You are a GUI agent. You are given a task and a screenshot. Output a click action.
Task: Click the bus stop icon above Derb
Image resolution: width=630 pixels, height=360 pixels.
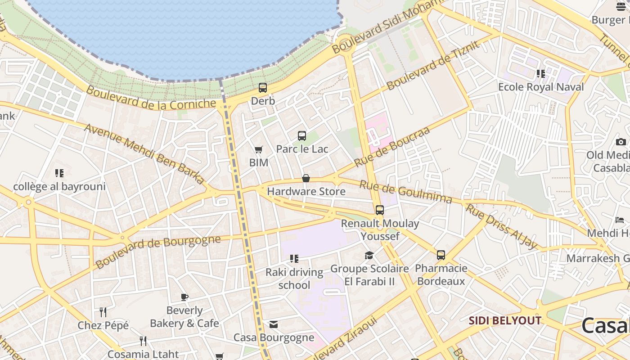263,88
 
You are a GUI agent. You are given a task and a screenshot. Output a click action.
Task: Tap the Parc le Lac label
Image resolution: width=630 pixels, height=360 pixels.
302,149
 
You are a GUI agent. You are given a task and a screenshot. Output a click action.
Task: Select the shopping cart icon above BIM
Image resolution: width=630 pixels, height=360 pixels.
258,149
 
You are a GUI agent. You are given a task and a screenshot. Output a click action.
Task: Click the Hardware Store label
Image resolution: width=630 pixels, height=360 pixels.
306,191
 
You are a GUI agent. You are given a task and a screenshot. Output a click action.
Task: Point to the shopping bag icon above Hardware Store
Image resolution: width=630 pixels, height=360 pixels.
306,178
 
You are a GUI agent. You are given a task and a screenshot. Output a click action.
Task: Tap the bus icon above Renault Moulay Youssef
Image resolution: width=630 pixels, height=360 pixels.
380,210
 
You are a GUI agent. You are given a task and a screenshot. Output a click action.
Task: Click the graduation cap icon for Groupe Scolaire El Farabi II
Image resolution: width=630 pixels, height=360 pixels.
369,256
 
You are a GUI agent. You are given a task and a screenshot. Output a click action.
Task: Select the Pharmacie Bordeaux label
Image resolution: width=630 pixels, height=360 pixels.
441,274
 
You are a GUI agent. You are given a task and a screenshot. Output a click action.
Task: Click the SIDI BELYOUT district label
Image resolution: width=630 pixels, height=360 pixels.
505,321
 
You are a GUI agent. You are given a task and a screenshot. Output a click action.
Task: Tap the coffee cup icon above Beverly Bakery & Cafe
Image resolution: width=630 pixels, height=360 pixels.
184,297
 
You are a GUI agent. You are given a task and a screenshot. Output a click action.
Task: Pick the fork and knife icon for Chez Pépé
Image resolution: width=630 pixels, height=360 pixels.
103,312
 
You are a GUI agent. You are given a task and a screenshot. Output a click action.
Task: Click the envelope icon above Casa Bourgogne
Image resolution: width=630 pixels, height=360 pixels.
274,324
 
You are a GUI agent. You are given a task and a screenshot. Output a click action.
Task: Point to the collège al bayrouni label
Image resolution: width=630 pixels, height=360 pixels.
59,186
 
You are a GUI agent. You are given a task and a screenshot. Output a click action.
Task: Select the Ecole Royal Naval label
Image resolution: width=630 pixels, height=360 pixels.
541,87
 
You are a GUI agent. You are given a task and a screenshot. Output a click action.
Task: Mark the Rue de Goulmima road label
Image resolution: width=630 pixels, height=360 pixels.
405,192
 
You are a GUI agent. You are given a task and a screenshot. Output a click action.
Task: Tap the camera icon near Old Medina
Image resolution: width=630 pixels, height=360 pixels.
621,142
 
